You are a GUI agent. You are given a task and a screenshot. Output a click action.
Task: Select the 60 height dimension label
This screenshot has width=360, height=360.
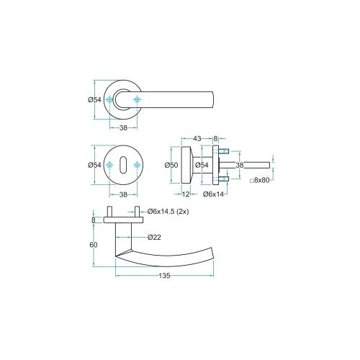pos(93,245)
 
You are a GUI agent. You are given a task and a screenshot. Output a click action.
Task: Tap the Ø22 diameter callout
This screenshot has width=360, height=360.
pos(153,236)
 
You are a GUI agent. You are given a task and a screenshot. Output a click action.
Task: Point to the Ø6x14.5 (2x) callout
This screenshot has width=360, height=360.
pos(168,212)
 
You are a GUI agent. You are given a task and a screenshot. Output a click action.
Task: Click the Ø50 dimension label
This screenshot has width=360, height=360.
pos(171,165)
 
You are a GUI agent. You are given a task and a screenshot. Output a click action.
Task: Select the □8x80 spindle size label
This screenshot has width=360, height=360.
pos(259,181)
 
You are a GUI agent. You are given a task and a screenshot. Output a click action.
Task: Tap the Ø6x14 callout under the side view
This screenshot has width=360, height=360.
pos(214,194)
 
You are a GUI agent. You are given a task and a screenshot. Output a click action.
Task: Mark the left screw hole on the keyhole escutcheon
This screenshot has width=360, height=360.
pos(110,166)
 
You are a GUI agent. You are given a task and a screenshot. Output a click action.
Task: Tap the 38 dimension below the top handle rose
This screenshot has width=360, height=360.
pos(123,127)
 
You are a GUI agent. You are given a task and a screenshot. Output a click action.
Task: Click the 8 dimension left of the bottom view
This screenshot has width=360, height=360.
pos(94,220)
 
